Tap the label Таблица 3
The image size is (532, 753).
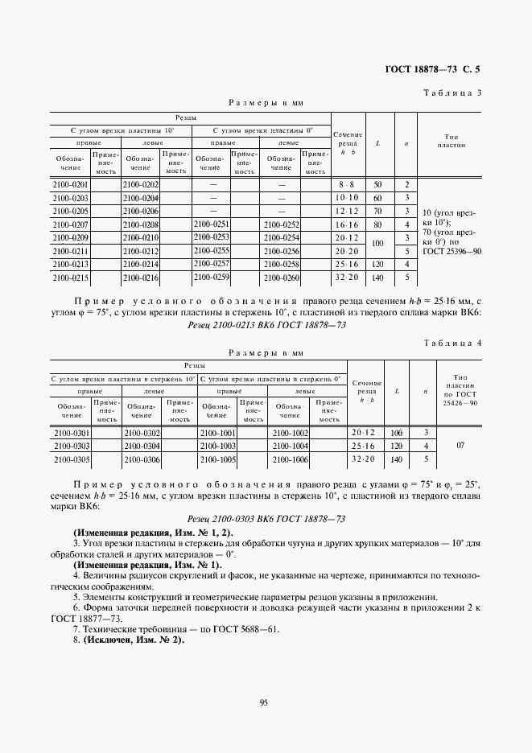(452, 93)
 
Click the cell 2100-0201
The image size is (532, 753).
(70, 185)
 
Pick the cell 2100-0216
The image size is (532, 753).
(140, 278)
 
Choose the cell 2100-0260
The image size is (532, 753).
(281, 278)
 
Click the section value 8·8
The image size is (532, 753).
(347, 185)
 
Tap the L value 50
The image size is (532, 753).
(377, 185)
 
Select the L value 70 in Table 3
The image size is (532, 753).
(377, 210)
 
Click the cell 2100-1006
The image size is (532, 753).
(291, 459)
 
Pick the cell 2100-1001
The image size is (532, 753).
(217, 433)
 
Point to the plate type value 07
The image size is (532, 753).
(460, 445)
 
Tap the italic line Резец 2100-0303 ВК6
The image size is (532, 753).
(266, 520)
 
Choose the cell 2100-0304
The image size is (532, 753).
(142, 446)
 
